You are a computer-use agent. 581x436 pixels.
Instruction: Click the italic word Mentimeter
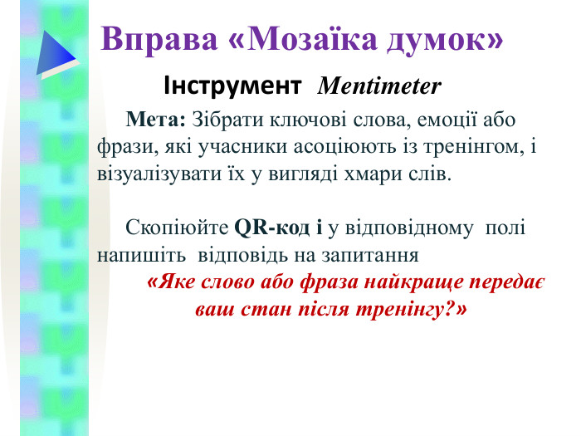point(379,86)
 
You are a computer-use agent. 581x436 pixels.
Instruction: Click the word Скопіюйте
point(177,226)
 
